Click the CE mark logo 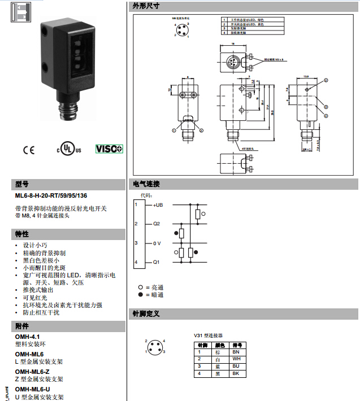28,150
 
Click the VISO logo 109,149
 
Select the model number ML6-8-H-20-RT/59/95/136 51,196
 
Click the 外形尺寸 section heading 145,6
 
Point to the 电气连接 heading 146,184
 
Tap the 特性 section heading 22,234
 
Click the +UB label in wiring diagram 157,204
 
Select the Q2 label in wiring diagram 156,224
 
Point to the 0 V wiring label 157,243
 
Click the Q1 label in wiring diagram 156,262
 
